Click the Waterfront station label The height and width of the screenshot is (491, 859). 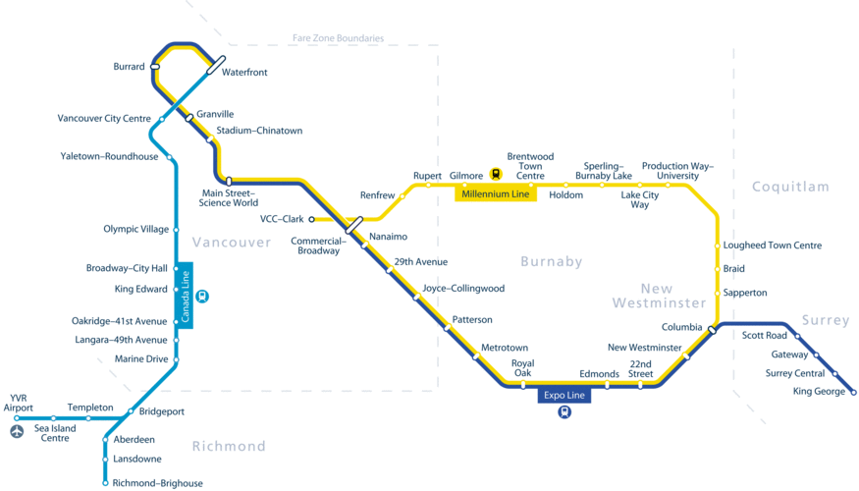coord(244,73)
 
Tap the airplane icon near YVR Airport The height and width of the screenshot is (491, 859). coord(17,431)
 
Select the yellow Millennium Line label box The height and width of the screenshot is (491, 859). coord(496,194)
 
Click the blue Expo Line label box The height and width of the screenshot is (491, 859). coord(564,396)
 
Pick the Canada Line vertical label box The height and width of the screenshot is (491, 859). coord(185,296)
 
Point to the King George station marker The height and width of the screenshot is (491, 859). coord(853,393)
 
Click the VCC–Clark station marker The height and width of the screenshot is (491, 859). coord(312,219)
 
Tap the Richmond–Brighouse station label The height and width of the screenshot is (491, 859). coord(157,483)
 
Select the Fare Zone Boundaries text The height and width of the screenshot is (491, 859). coord(338,38)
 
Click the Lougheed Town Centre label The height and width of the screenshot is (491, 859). coord(773,245)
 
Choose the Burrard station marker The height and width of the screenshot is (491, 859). coord(155,67)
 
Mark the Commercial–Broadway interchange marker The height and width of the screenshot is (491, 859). coord(353,226)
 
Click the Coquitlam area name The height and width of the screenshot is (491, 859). coord(790,187)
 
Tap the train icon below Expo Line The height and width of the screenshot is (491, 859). coord(564,412)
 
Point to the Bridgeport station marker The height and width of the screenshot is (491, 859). coord(131,411)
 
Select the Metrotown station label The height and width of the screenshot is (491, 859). coord(505,348)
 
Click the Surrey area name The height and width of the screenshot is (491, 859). coord(825,320)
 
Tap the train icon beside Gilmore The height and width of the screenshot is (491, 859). coord(496,175)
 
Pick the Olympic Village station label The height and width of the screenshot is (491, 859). coord(135,230)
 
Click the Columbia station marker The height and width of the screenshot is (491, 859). coord(712,331)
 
